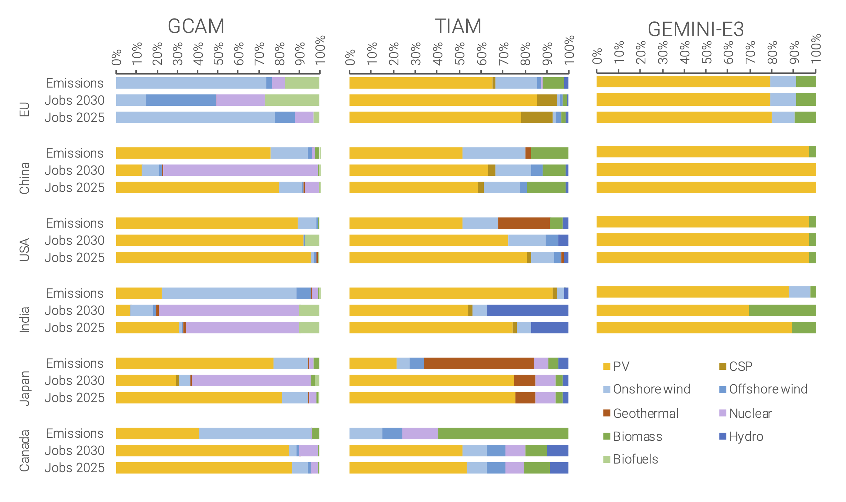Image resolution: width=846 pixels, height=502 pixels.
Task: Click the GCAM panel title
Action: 196,26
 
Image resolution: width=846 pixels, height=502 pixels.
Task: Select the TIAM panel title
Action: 458,26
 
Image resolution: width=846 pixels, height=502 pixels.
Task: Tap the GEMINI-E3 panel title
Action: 695,29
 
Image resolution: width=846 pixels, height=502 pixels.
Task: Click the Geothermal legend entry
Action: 641,413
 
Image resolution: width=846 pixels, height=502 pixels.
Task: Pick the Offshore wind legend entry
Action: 764,389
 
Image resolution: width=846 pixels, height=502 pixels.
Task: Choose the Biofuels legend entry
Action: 631,459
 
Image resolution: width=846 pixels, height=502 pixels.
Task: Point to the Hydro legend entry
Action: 742,437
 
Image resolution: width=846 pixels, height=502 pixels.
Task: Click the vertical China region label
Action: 24,178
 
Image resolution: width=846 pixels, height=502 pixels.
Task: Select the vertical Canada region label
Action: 24,450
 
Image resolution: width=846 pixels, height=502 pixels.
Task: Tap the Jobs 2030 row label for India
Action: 74,310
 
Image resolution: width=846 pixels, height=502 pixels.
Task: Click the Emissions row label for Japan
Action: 75,363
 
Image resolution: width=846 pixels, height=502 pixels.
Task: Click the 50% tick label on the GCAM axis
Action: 219,54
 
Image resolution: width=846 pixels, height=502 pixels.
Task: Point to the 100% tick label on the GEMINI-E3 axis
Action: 816,48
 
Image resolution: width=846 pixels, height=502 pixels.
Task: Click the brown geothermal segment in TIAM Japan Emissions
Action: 478,363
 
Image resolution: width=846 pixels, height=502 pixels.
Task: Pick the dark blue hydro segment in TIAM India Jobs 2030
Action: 527,310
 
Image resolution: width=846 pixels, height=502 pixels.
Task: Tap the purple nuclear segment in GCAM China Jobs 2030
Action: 241,170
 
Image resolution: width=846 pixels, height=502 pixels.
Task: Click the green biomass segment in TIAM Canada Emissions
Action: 503,433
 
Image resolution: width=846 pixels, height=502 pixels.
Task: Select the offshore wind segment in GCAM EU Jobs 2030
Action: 181,100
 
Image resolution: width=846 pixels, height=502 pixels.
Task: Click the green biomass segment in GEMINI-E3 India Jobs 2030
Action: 782,310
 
